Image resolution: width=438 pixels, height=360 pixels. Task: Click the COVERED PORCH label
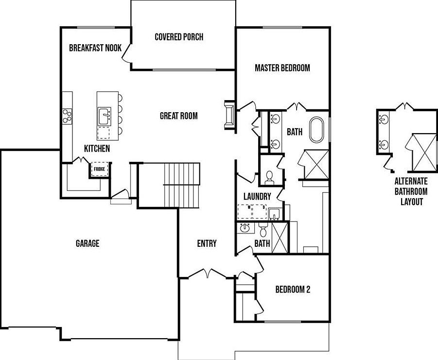coord(179,37)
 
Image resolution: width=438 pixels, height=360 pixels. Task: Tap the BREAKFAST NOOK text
coord(95,48)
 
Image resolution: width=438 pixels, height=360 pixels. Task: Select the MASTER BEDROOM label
coord(282,68)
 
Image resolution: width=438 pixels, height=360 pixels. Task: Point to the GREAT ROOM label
coord(179,116)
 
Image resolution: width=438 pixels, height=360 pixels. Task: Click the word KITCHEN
coord(97,149)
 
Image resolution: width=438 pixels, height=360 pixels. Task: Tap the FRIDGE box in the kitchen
coord(99,169)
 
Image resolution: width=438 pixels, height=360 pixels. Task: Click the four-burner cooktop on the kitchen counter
coord(68,116)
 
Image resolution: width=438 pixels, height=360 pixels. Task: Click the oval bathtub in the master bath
coord(316,129)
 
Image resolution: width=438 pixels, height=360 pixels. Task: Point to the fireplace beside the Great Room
coord(229,116)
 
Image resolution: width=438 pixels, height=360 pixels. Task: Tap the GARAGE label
coord(88,243)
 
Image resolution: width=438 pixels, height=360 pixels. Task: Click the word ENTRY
coord(207,243)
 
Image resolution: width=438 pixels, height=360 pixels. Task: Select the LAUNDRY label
coord(257,197)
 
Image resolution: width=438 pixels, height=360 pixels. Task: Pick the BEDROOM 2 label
coord(293,290)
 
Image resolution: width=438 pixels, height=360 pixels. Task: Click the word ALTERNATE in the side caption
coord(411,181)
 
